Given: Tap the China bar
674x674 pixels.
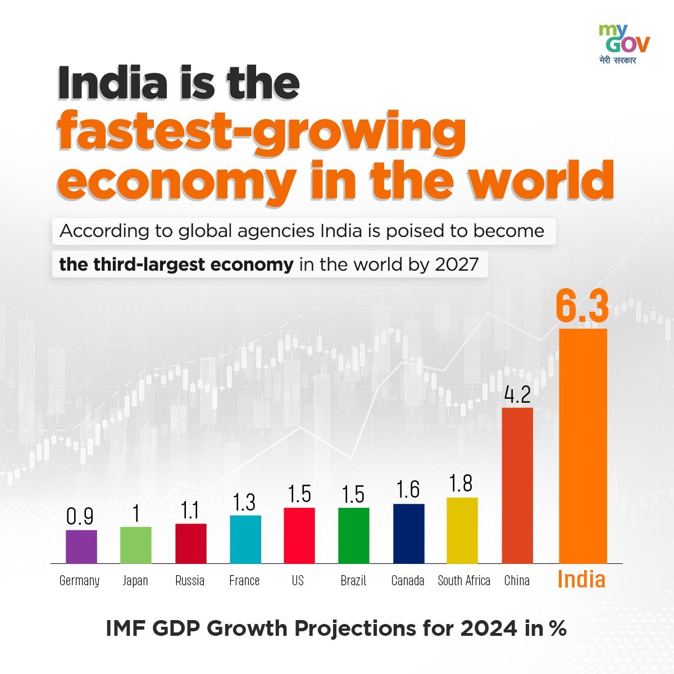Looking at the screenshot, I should (517, 485).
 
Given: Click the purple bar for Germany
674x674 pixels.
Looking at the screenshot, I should (81, 547).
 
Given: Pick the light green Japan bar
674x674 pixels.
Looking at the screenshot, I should (136, 545).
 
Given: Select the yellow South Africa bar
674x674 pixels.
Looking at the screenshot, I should (462, 530).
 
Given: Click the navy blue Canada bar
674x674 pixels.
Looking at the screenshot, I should (408, 534).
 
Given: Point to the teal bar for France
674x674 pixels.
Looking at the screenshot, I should (245, 539).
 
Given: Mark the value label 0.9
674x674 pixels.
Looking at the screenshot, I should (80, 517).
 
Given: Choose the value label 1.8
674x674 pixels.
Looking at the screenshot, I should (461, 484).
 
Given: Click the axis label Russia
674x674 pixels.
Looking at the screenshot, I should (190, 581).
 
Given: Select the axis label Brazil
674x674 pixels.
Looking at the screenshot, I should (353, 581).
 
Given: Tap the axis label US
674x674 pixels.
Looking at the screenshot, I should (298, 581).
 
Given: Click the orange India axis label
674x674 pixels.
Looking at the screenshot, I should (581, 580).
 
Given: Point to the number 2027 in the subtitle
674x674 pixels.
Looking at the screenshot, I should (457, 265).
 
